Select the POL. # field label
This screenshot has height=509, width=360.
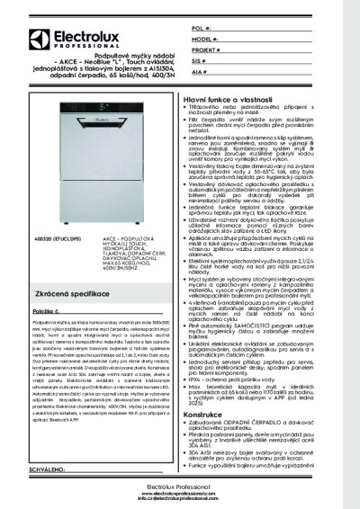[199, 30]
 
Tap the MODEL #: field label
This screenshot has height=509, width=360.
[202, 41]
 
